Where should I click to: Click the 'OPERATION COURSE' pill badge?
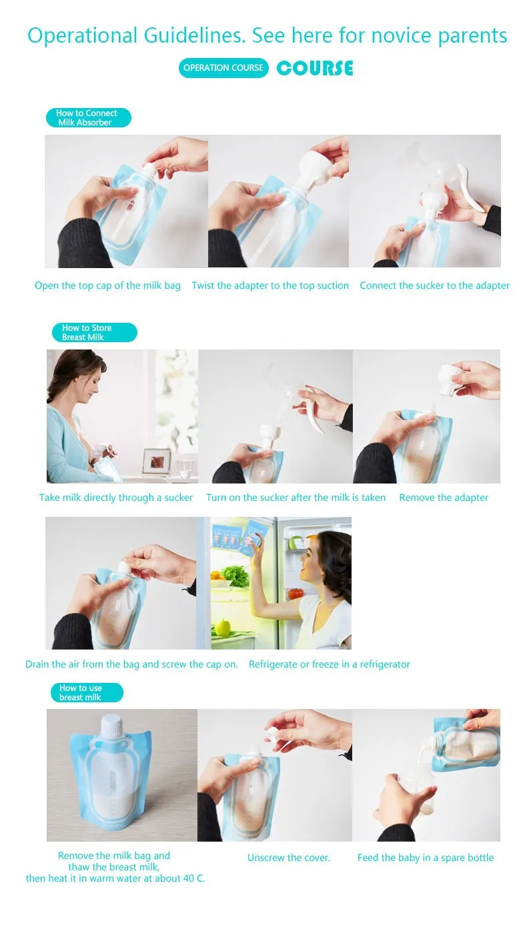223,68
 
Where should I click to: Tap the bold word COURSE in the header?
315,68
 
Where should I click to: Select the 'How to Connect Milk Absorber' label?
89,117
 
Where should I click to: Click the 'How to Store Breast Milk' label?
94,332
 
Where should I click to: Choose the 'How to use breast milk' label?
87,692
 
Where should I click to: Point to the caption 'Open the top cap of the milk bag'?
107,285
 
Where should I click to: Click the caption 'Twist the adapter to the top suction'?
270,285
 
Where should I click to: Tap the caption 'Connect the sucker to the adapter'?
434,285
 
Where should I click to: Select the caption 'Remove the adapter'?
444,498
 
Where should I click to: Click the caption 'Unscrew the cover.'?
289,858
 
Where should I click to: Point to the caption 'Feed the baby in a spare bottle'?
426,858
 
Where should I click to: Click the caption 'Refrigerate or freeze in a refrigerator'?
329,664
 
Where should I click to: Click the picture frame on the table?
157,461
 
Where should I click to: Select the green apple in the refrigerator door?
223,627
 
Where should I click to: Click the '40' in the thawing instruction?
188,878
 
